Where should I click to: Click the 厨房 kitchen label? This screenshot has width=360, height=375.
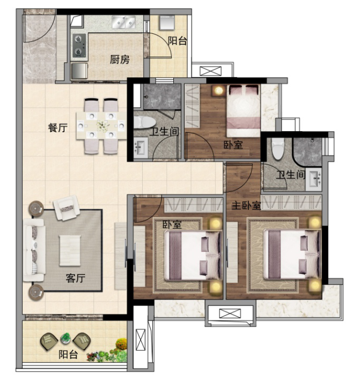(119, 59)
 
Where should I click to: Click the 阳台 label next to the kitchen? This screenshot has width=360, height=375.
(177, 40)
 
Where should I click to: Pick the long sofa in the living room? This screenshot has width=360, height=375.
(33, 247)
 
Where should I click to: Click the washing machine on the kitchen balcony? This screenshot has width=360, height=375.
(167, 23)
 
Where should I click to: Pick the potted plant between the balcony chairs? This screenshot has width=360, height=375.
(66, 338)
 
